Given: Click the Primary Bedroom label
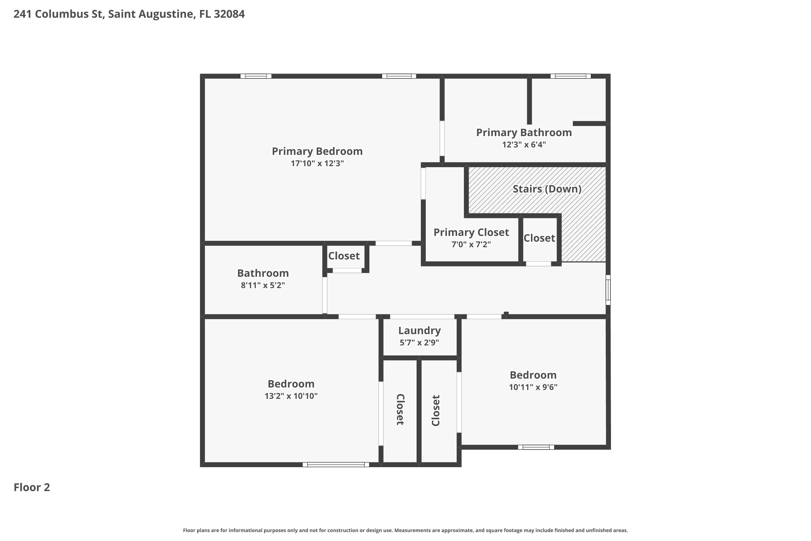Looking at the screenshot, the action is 317,151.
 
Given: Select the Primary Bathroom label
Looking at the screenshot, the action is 524,133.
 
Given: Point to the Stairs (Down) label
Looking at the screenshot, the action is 547,189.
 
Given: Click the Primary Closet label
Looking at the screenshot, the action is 471,233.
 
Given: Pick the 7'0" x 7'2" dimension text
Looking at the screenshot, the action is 471,244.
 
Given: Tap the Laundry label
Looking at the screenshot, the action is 419,331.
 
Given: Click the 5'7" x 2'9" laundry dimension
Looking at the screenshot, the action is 419,343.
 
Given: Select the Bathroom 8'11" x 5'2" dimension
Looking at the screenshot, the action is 263,285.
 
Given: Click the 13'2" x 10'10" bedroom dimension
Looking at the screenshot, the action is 291,396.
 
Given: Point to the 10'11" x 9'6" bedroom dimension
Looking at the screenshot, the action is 533,387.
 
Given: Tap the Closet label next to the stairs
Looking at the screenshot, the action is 539,238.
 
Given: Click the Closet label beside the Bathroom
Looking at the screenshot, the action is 344,256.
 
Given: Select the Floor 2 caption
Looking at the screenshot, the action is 32,487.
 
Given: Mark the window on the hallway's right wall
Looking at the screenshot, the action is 608,290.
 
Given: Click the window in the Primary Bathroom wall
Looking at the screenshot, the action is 571,76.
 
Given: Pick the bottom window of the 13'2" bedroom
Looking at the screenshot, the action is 336,465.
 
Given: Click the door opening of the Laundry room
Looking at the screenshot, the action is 422,317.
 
